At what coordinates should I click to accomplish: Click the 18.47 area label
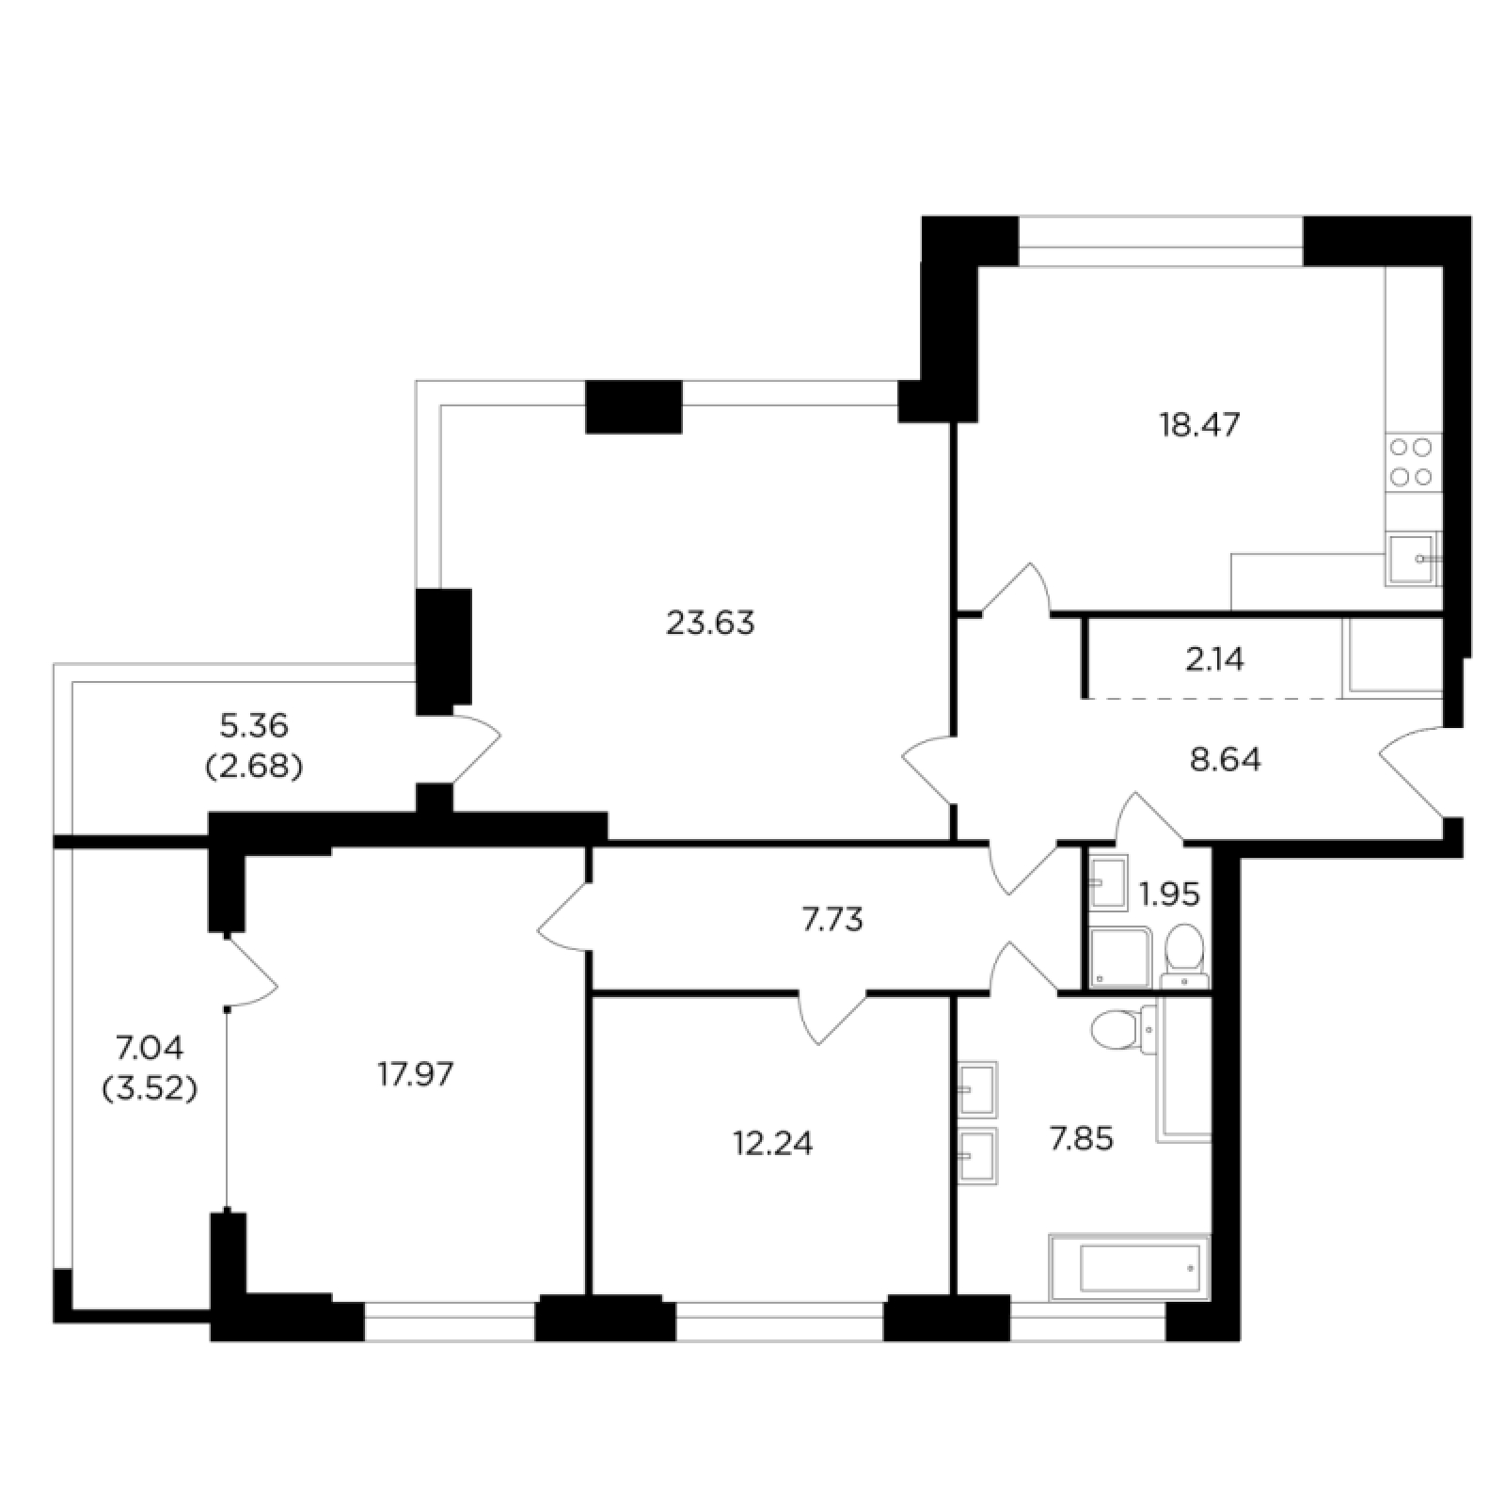1200,425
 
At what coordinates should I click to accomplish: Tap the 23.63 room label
710,623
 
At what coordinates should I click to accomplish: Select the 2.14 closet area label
1215,660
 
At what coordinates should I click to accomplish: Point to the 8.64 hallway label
1226,759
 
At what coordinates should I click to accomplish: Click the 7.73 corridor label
832,919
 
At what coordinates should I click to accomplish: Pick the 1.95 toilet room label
1169,894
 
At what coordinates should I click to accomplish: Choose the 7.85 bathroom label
1081,1140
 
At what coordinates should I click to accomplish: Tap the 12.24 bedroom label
772,1143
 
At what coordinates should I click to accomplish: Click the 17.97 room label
415,1073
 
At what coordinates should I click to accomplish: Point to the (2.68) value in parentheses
254,767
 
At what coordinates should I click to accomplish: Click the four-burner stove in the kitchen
1413,462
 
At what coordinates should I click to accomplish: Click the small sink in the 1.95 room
1109,883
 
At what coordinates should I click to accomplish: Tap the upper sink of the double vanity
977,1089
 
